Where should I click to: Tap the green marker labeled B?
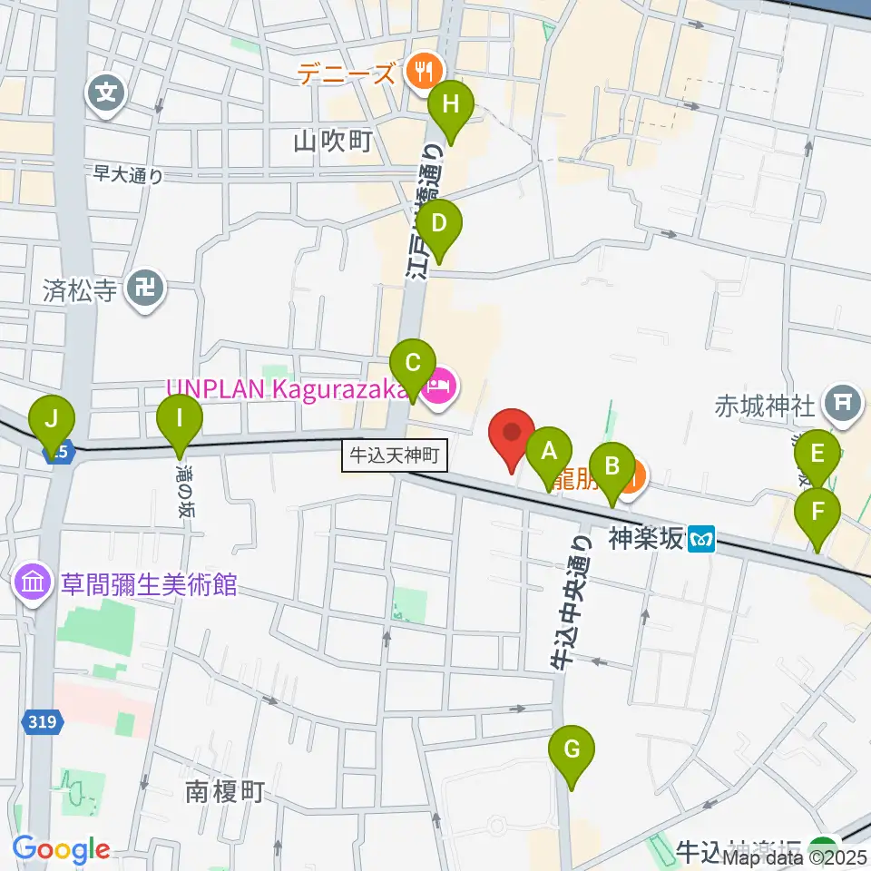(612, 467)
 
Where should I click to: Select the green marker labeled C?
(413, 366)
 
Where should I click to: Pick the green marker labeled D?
(439, 225)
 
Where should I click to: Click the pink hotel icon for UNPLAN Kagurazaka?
(440, 388)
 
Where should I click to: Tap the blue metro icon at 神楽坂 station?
(701, 540)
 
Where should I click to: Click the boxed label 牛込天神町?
(396, 455)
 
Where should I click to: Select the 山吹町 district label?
(333, 140)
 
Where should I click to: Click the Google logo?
(62, 850)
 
